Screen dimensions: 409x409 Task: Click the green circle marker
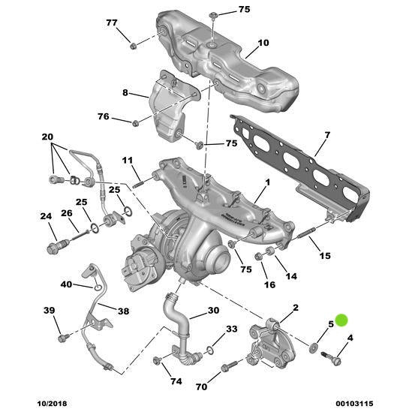(341, 320)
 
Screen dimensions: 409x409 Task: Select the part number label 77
(112, 23)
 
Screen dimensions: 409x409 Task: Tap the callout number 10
(263, 43)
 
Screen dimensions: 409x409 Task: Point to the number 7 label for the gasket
(327, 135)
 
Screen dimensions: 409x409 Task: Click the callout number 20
(47, 137)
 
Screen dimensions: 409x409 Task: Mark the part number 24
(46, 217)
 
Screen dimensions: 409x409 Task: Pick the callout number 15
(325, 257)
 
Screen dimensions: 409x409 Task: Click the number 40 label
(67, 284)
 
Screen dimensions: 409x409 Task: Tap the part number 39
(50, 311)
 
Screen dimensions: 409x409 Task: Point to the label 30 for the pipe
(213, 311)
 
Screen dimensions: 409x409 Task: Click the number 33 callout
(231, 329)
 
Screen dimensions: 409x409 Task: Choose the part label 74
(176, 382)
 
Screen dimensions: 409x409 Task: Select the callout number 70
(201, 386)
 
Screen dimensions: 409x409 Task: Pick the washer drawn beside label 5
(311, 349)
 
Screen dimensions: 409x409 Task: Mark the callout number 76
(104, 117)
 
